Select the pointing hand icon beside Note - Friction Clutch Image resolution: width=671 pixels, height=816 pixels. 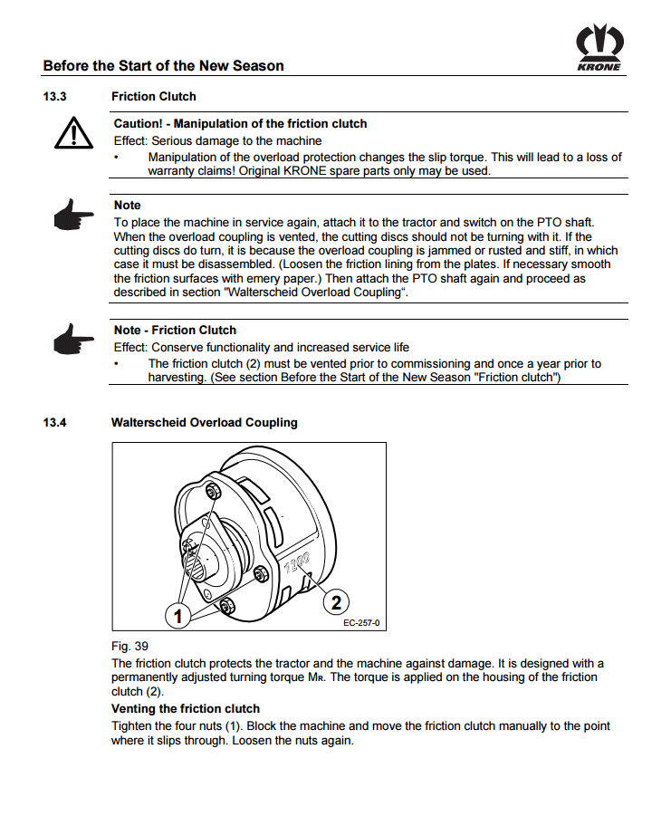pos(72,341)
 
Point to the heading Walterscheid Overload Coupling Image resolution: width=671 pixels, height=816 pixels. pos(204,422)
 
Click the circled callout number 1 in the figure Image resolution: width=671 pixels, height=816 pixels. pos(178,616)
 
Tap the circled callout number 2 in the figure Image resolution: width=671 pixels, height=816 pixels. pos(336,601)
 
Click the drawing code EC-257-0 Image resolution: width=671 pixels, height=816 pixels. pos(361,623)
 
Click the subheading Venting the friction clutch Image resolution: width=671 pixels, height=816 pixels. pos(185,708)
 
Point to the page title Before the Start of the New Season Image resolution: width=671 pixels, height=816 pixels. pos(163,65)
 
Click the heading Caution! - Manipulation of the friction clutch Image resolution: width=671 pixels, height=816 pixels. pos(240,123)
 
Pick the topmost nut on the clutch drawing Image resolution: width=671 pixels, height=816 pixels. pos(214,490)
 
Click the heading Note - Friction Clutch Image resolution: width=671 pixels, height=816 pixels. pos(175,330)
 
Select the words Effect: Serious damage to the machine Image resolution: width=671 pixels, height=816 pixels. pos(217,140)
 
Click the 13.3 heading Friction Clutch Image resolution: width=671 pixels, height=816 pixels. pos(153,96)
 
